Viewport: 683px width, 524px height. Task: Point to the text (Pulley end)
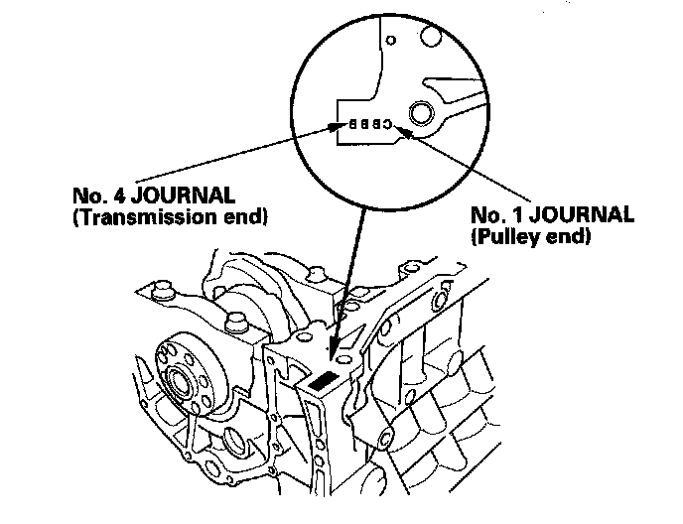tap(525, 238)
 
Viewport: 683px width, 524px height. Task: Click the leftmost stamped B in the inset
tap(350, 125)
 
